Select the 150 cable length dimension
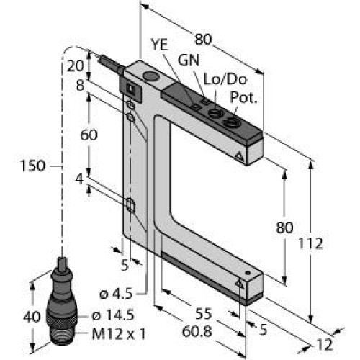[x=31, y=166]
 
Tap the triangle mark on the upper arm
[x=238, y=155]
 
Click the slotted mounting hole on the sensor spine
[x=130, y=207]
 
